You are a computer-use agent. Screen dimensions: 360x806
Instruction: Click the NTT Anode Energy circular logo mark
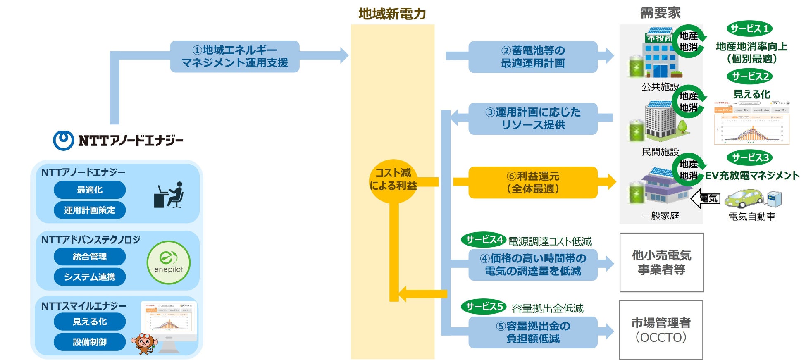click(63, 141)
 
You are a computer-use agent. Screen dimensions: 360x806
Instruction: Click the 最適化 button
click(89, 190)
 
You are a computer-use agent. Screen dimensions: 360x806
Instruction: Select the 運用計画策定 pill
click(89, 210)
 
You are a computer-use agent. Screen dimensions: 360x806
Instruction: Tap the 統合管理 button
click(89, 257)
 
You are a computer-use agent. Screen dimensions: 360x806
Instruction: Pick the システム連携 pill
click(89, 277)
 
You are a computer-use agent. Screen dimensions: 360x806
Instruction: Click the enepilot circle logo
click(168, 263)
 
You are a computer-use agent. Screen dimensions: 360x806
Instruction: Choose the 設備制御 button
click(89, 342)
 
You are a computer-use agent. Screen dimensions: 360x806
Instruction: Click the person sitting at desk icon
click(169, 195)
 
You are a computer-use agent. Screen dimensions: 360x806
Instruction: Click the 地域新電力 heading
click(392, 14)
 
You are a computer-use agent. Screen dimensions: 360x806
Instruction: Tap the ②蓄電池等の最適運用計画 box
click(532, 57)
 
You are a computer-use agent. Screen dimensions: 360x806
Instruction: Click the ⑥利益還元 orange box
click(532, 182)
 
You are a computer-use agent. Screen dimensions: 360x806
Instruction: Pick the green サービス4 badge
click(484, 240)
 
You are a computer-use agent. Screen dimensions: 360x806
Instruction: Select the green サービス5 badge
click(484, 307)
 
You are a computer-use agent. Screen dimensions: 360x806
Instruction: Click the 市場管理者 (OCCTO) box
click(661, 330)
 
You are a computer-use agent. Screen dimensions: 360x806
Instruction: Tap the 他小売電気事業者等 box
click(661, 262)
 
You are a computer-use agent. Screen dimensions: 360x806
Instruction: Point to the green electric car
click(744, 199)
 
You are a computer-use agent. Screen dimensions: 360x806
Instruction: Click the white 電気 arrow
click(706, 199)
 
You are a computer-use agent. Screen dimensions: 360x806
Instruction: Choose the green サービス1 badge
click(749, 29)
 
